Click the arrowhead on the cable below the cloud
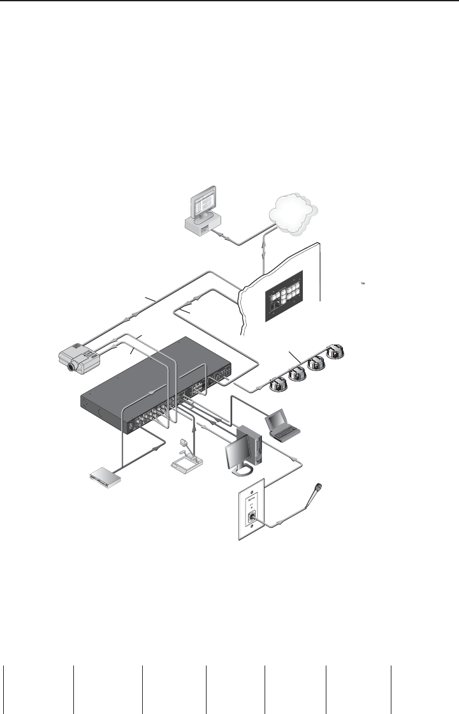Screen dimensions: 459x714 coord(264,255)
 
